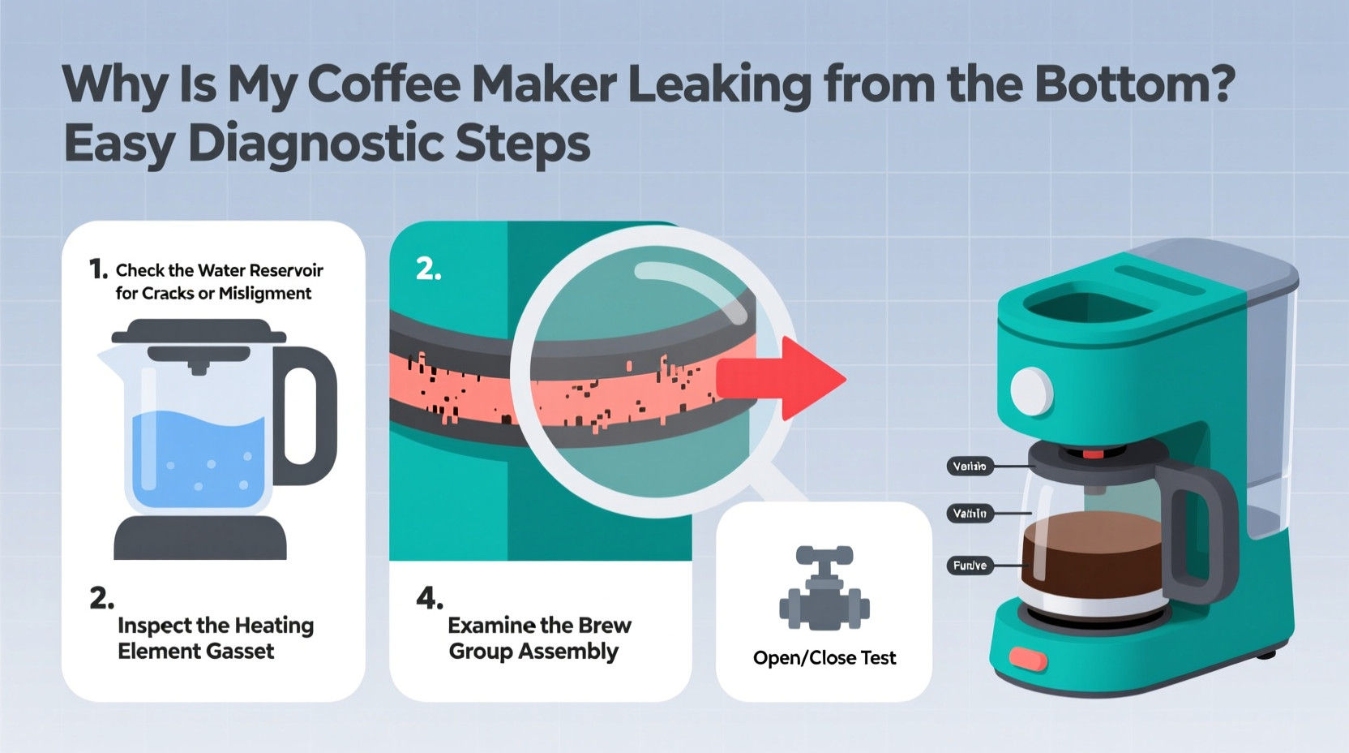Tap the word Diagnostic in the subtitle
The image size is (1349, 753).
tap(315, 144)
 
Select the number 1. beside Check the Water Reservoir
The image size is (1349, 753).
tap(97, 269)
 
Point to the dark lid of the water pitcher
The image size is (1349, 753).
tap(199, 331)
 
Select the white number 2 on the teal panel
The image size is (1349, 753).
tap(428, 269)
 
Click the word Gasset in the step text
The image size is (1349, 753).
tap(240, 652)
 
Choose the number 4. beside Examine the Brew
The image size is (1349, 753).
tap(429, 599)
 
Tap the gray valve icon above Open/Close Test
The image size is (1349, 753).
tap(824, 589)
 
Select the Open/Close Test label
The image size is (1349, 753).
tap(824, 658)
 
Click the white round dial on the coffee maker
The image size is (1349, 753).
tap(1031, 391)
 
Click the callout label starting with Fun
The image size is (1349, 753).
tap(970, 566)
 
